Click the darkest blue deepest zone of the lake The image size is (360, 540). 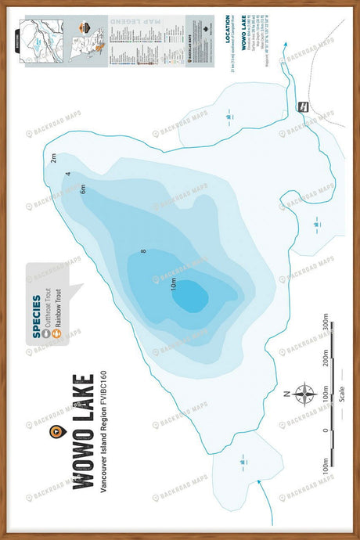(193, 297)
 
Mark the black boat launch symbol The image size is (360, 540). (301, 106)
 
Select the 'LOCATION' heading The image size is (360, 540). (229, 34)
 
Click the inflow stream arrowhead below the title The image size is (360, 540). (257, 483)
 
